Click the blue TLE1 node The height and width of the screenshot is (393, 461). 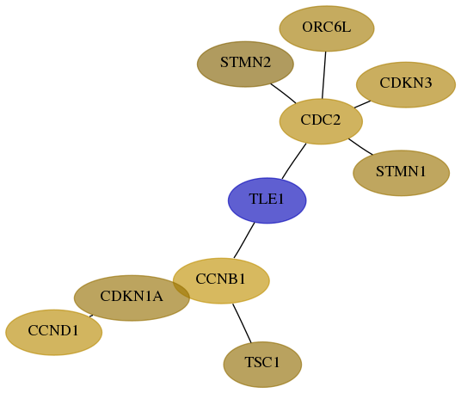pyautogui.click(x=267, y=200)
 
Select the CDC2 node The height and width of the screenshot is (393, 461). pyautogui.click(x=321, y=121)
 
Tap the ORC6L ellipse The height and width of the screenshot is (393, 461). pyautogui.click(x=327, y=28)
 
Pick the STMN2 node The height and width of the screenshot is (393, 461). pyautogui.click(x=245, y=64)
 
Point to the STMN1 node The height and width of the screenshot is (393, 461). pyautogui.click(x=401, y=173)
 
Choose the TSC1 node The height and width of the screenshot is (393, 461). pyautogui.click(x=262, y=365)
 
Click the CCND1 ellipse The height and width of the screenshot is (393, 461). pyautogui.click(x=54, y=333)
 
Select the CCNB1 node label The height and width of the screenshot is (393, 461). pyautogui.click(x=220, y=279)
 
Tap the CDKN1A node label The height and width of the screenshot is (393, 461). pyautogui.click(x=132, y=296)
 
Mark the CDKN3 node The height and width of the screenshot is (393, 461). pyautogui.click(x=406, y=84)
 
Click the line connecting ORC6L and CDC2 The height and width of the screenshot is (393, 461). pyautogui.click(x=324, y=76)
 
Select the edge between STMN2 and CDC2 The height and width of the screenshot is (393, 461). pyautogui.click(x=283, y=94)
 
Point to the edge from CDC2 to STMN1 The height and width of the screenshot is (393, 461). pyautogui.click(x=360, y=146)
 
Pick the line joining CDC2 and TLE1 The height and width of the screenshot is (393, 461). pyautogui.click(x=294, y=161)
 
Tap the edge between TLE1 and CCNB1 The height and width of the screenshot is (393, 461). pyautogui.click(x=244, y=241)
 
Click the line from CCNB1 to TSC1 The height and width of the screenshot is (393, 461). pyautogui.click(x=242, y=323)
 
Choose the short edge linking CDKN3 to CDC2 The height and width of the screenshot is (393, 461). pyautogui.click(x=362, y=104)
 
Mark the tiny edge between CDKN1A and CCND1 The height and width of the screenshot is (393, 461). pyautogui.click(x=91, y=316)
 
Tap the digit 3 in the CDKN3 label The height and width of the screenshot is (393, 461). pyautogui.click(x=428, y=83)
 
